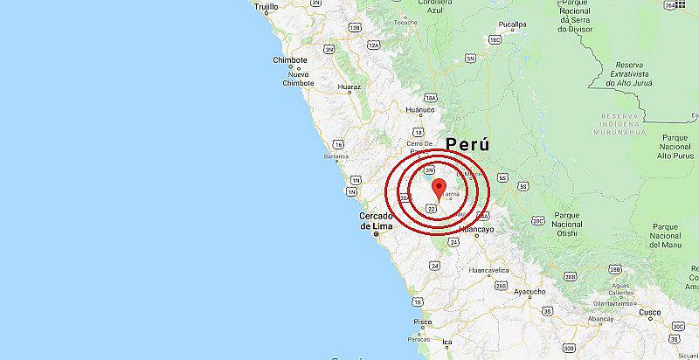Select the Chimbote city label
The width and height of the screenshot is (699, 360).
(x=290, y=60)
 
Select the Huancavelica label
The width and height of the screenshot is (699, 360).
(x=489, y=271)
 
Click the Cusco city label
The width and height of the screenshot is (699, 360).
(x=649, y=312)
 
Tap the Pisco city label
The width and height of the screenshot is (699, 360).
(x=422, y=322)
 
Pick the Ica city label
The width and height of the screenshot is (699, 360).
(x=447, y=341)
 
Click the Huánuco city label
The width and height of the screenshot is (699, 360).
(x=420, y=110)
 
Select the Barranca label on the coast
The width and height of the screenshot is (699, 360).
(x=336, y=157)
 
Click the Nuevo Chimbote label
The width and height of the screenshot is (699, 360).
(x=299, y=80)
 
